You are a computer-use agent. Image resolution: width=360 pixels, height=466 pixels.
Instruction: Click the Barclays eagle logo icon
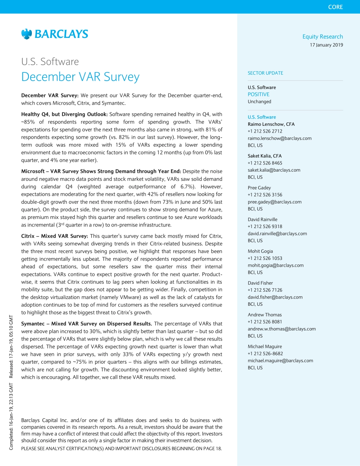(27, 34)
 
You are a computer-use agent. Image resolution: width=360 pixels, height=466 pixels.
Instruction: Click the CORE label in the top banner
(335, 7)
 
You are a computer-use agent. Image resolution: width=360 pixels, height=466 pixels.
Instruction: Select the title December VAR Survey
(80, 77)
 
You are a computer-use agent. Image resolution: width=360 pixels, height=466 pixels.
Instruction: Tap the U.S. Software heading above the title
(50, 61)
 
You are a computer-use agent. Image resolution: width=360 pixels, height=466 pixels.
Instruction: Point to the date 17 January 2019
(326, 45)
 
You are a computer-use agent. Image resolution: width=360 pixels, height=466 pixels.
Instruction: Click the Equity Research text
(322, 37)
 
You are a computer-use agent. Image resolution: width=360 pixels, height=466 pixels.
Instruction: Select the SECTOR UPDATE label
(265, 73)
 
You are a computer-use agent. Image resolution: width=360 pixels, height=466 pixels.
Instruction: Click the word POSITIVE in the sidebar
(258, 94)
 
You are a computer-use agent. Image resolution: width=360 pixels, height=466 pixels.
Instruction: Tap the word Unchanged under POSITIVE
(259, 102)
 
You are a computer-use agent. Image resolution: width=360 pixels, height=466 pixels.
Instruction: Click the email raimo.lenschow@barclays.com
(279, 138)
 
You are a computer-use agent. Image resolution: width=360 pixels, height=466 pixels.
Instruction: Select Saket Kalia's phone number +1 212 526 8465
(265, 163)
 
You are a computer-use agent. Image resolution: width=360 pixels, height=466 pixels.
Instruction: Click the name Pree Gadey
(259, 188)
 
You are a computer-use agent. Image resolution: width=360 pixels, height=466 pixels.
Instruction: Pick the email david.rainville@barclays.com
(277, 234)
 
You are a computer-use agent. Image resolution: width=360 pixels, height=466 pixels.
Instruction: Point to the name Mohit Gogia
(260, 251)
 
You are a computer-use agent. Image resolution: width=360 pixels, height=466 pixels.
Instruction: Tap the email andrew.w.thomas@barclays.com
(282, 329)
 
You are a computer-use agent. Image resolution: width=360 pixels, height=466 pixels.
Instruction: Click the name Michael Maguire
(265, 346)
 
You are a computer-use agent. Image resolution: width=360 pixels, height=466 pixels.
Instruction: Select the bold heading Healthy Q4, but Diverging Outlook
(65, 114)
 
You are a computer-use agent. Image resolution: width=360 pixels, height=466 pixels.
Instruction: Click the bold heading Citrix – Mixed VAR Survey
(55, 236)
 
